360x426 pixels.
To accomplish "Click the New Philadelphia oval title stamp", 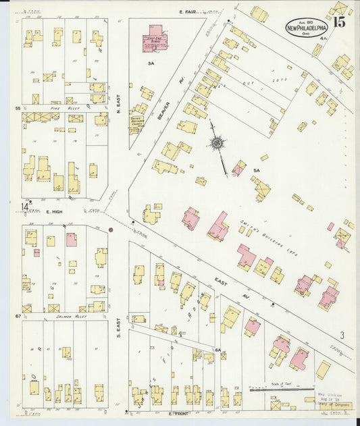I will tap(307, 26).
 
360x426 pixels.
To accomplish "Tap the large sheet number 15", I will tap(339, 22).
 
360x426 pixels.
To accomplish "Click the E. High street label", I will tap(54, 212).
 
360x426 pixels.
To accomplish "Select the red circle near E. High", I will tap(110, 230).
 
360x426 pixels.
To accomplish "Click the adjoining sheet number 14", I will tap(25, 207).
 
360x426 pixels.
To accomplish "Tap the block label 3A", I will tap(153, 63).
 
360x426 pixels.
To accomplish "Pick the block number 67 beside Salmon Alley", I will tap(18, 316).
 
